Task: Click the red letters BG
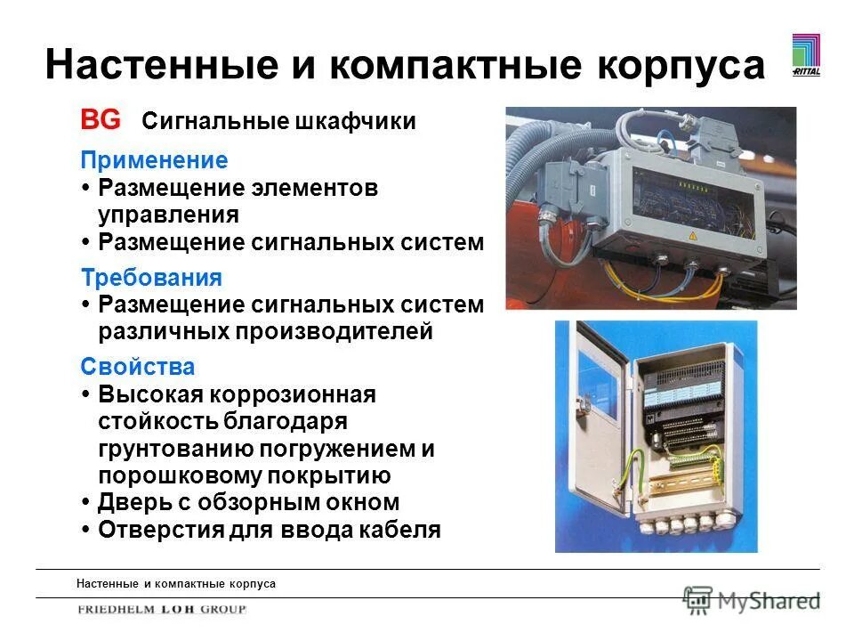(x=101, y=120)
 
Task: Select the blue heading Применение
(x=154, y=161)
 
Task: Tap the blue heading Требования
(x=151, y=278)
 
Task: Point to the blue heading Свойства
(x=137, y=367)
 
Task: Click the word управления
(x=168, y=215)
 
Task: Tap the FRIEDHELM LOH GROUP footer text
(x=161, y=610)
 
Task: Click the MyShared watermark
(x=752, y=601)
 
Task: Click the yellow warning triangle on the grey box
(x=691, y=235)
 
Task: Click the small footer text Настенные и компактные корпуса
(x=175, y=584)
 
